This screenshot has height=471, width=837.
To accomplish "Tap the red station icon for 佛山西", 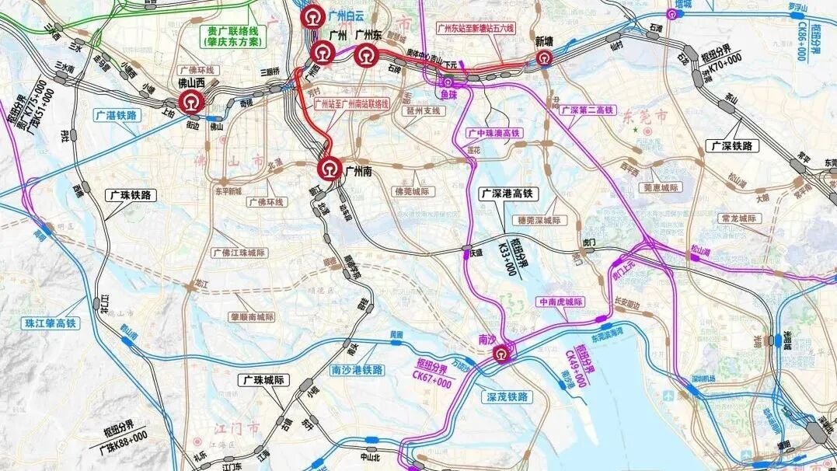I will tap(189, 101).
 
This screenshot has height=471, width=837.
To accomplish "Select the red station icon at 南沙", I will tap(504, 354).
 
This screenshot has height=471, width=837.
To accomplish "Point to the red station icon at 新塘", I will tap(543, 58).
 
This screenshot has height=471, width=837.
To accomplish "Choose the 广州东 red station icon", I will tap(364, 54).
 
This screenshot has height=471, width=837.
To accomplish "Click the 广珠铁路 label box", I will tap(131, 196).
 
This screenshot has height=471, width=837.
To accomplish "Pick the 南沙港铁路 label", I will tap(357, 370).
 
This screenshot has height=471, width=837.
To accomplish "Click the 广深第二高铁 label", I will tap(586, 109).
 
